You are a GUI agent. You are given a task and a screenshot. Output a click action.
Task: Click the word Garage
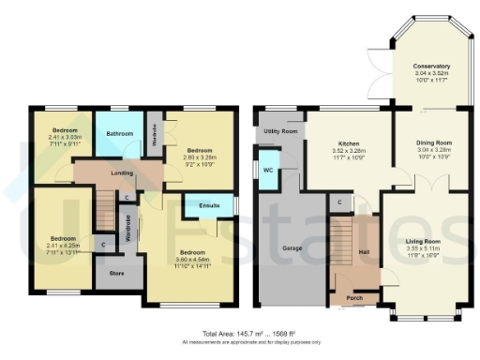tap(289, 249)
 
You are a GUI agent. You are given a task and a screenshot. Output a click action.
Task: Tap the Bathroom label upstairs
tap(120, 134)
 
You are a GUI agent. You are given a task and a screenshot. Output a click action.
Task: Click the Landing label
tap(119, 172)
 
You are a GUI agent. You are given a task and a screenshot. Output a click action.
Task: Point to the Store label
tap(116, 275)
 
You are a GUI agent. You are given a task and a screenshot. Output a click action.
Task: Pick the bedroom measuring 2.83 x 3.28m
tap(201, 150)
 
